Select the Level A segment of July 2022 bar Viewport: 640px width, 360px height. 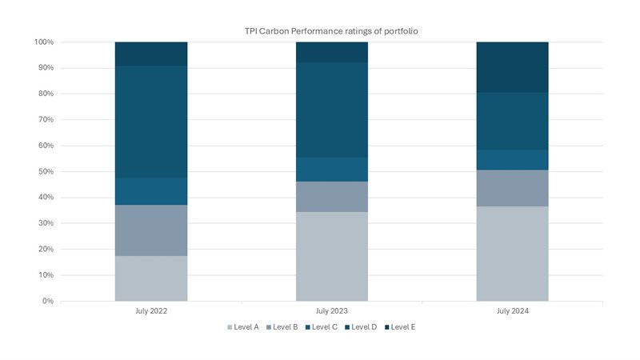pos(151,278)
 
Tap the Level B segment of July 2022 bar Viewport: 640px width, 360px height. pos(151,230)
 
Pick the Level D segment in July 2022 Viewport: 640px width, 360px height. pos(151,122)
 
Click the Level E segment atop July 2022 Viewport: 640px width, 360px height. pos(151,54)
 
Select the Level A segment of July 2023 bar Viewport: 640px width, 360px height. pos(331,256)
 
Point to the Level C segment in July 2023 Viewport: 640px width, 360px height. pos(331,169)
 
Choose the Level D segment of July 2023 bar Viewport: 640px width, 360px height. pos(331,110)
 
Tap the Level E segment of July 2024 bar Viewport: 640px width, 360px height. pos(512,67)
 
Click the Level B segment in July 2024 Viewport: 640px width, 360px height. pos(512,188)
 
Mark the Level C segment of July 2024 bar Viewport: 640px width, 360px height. pos(512,160)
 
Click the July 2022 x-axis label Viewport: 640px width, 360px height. pos(151,310)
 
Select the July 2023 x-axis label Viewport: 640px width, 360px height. pos(331,310)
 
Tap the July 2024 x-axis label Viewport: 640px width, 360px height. pos(512,310)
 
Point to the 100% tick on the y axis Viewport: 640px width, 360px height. pos(44,42)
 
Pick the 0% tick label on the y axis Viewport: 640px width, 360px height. pos(47,302)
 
